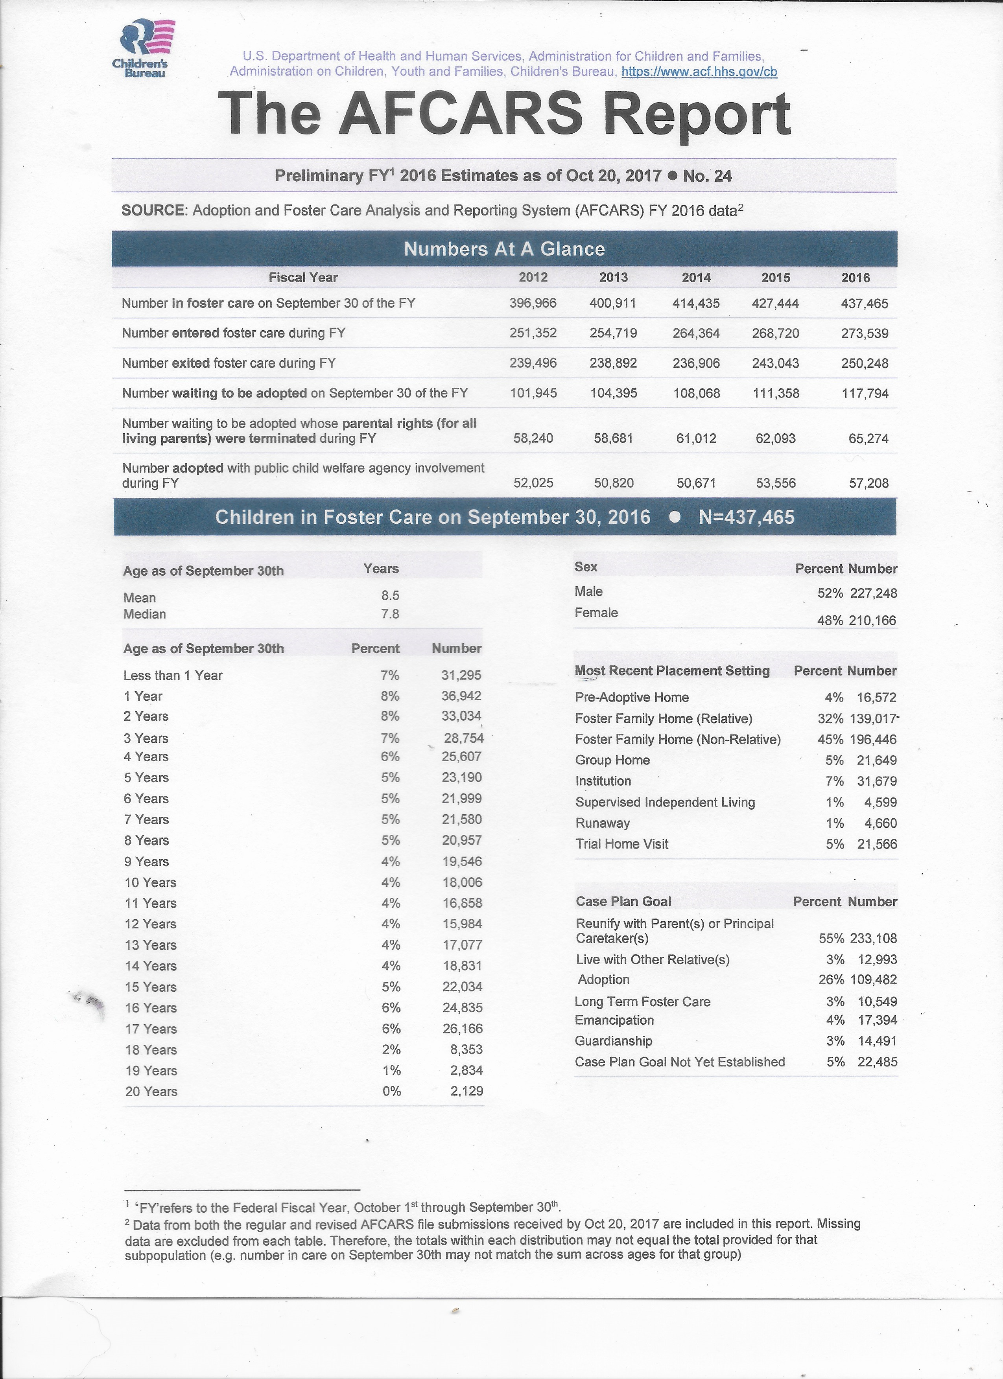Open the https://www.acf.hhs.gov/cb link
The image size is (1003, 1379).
point(699,72)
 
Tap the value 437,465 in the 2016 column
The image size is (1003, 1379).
point(864,304)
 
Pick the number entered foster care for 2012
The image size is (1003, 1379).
point(533,333)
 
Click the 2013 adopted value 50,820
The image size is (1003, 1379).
point(613,483)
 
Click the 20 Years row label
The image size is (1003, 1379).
point(151,1092)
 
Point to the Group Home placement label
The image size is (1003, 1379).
point(612,760)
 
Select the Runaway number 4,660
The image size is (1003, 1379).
point(880,823)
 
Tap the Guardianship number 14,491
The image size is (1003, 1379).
point(877,1041)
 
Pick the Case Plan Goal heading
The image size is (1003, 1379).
point(623,902)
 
